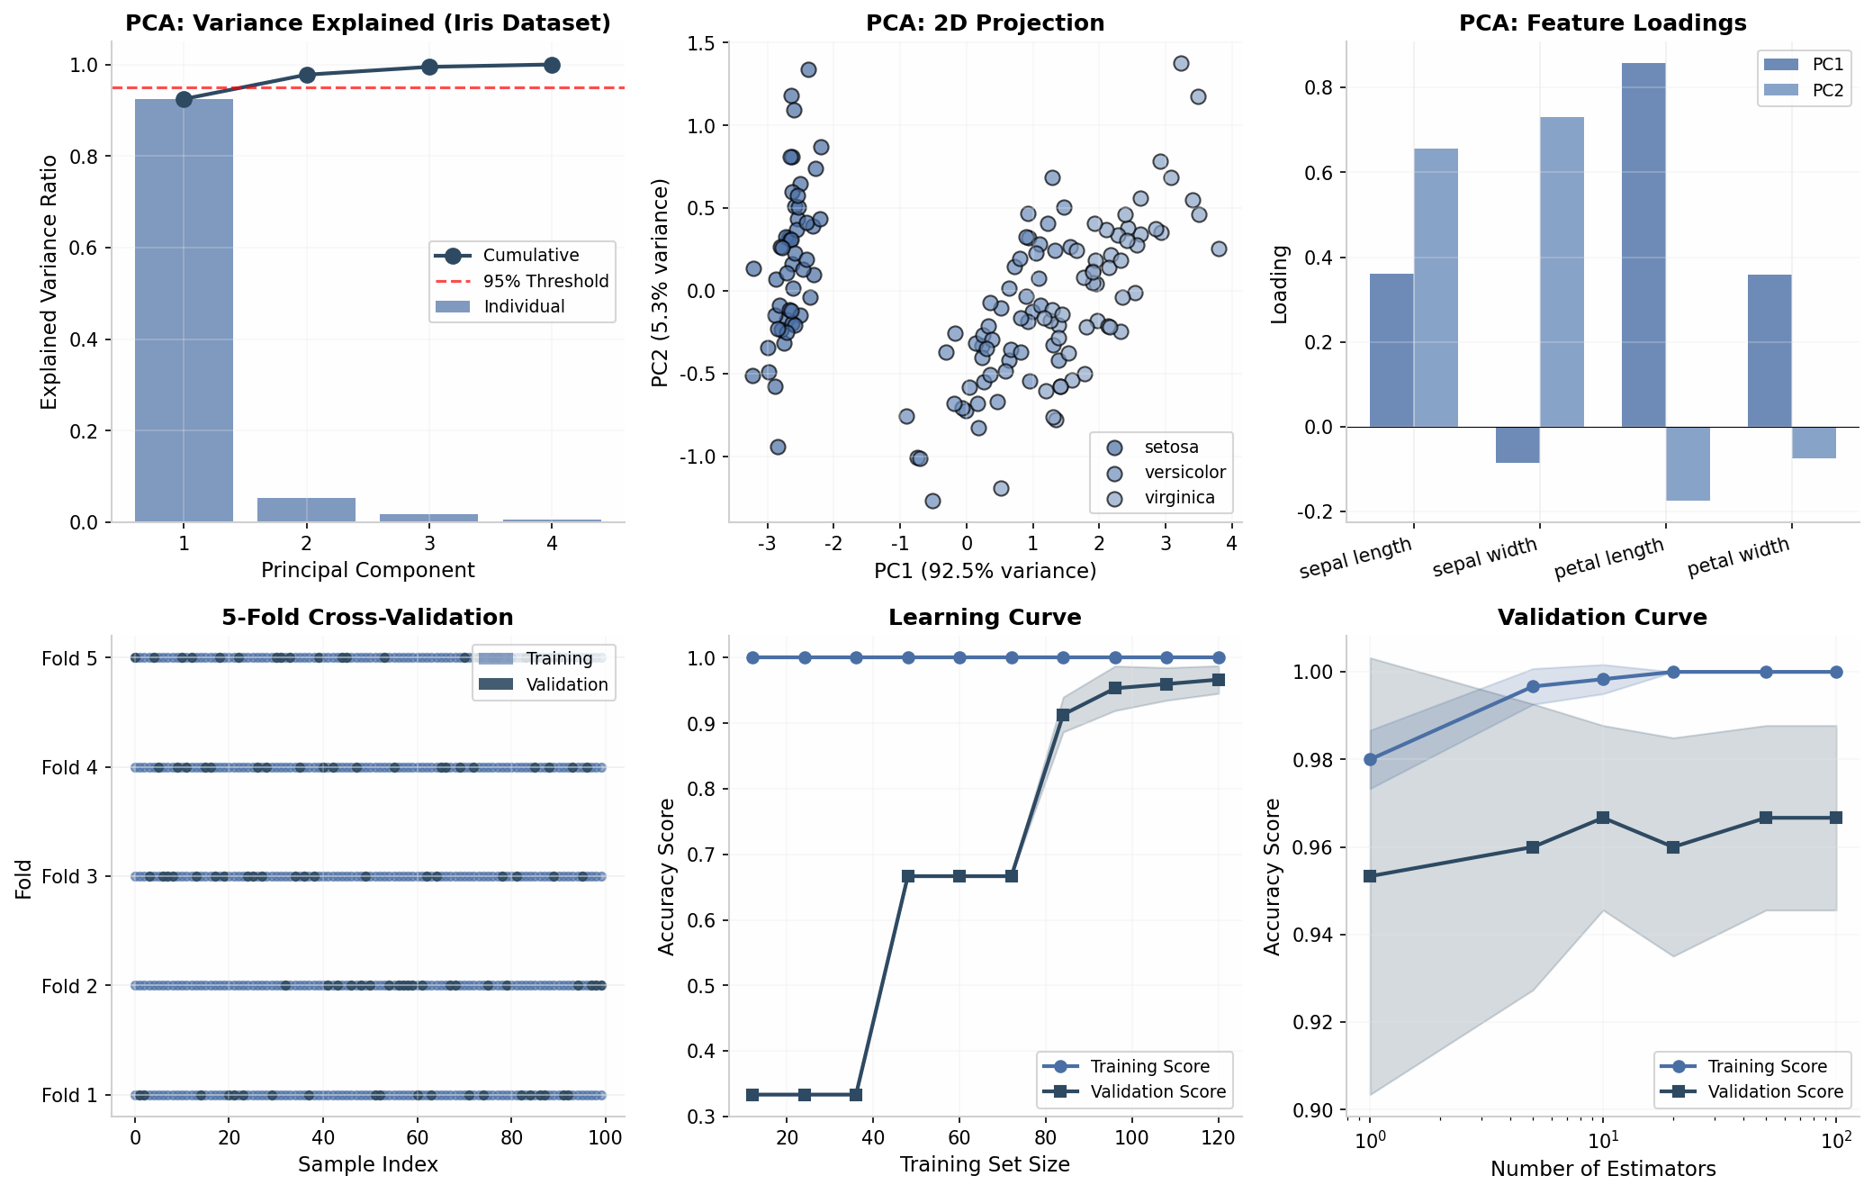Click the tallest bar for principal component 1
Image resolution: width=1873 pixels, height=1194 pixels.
point(184,311)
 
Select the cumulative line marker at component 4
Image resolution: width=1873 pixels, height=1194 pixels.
point(552,65)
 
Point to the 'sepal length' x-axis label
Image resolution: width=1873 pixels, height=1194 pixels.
point(1355,558)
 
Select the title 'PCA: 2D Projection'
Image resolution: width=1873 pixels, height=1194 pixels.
point(985,23)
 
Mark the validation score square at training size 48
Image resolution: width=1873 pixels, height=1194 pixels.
point(908,876)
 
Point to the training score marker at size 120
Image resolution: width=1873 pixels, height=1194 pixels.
point(1219,657)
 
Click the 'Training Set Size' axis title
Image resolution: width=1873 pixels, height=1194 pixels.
point(985,1164)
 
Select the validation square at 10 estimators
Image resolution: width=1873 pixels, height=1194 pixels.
point(1603,818)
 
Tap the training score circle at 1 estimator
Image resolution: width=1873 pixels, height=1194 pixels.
point(1371,760)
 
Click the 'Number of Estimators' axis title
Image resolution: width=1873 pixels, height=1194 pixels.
point(1603,1169)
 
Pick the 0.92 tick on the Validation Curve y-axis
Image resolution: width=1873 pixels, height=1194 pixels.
point(1322,1023)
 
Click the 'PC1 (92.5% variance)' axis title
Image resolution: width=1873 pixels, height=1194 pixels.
point(985,571)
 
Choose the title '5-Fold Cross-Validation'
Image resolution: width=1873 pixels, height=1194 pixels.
point(367,618)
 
